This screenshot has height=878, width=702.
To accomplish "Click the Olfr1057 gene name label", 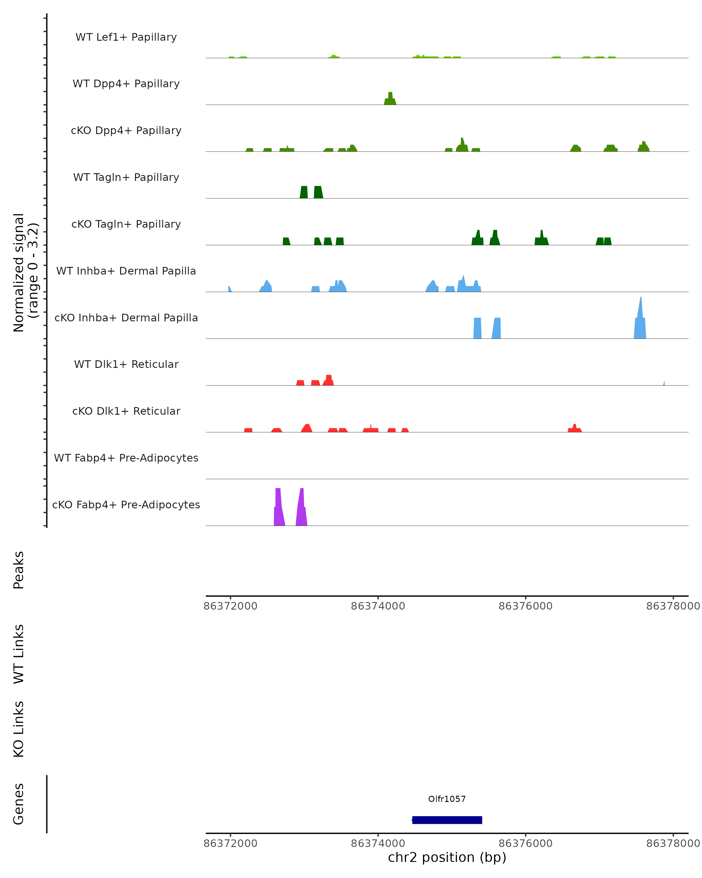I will coord(446,799).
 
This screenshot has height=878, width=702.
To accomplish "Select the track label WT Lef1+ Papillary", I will coord(126,37).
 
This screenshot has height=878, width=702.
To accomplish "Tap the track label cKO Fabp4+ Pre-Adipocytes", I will coord(126,505).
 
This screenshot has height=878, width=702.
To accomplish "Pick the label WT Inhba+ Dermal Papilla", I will coord(126,271).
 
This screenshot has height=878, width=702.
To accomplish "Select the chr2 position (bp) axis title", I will coord(447,858).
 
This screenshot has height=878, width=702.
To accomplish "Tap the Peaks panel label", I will coord(19,570).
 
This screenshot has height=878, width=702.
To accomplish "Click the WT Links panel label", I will coord(19,654).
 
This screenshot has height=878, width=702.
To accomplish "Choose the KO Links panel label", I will coord(19,729).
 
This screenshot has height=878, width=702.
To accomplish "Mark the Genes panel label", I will coord(19,804).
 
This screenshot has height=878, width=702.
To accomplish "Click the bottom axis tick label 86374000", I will coord(378,843).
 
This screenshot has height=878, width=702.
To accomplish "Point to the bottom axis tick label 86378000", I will coord(673,843).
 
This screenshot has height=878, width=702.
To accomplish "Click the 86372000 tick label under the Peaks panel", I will coord(230,606).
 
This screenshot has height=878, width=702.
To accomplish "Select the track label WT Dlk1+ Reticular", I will coord(126,364).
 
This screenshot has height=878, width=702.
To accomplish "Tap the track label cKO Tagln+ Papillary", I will coord(126,224).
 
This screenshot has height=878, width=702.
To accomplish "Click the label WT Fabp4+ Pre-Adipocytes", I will coord(126,458).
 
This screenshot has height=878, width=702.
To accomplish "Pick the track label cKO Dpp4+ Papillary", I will coord(126,130).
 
